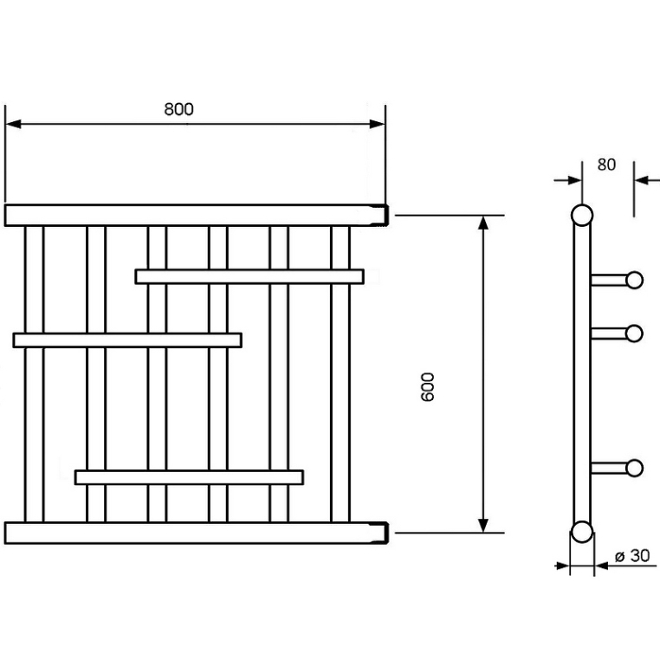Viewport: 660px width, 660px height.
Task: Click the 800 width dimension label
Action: click(179, 109)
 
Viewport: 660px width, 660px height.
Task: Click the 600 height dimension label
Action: click(427, 387)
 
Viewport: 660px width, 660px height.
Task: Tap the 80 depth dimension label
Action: click(606, 165)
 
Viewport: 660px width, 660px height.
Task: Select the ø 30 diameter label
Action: click(632, 555)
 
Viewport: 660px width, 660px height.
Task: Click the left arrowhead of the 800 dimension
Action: click(13, 124)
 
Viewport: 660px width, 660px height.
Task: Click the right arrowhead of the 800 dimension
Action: click(377, 124)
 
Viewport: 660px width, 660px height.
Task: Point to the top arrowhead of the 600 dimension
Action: click(483, 223)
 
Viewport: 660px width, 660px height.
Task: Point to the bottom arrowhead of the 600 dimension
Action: click(483, 525)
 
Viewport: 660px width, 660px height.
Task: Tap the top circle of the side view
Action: click(582, 216)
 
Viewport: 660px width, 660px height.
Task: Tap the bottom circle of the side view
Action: click(582, 532)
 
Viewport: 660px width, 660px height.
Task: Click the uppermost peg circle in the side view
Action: click(634, 280)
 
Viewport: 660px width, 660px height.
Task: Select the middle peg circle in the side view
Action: click(634, 333)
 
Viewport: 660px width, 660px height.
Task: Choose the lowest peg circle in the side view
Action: click(634, 468)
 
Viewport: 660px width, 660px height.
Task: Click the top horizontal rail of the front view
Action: click(196, 216)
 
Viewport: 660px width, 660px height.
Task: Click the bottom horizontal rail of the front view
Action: click(196, 534)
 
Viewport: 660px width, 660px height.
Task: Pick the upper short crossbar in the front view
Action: click(249, 276)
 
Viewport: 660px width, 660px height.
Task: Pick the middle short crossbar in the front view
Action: click(127, 340)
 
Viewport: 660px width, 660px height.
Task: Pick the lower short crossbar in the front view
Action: click(190, 477)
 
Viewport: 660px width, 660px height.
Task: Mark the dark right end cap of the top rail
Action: click(385, 216)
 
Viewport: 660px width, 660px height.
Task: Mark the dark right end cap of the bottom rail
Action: click(385, 534)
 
